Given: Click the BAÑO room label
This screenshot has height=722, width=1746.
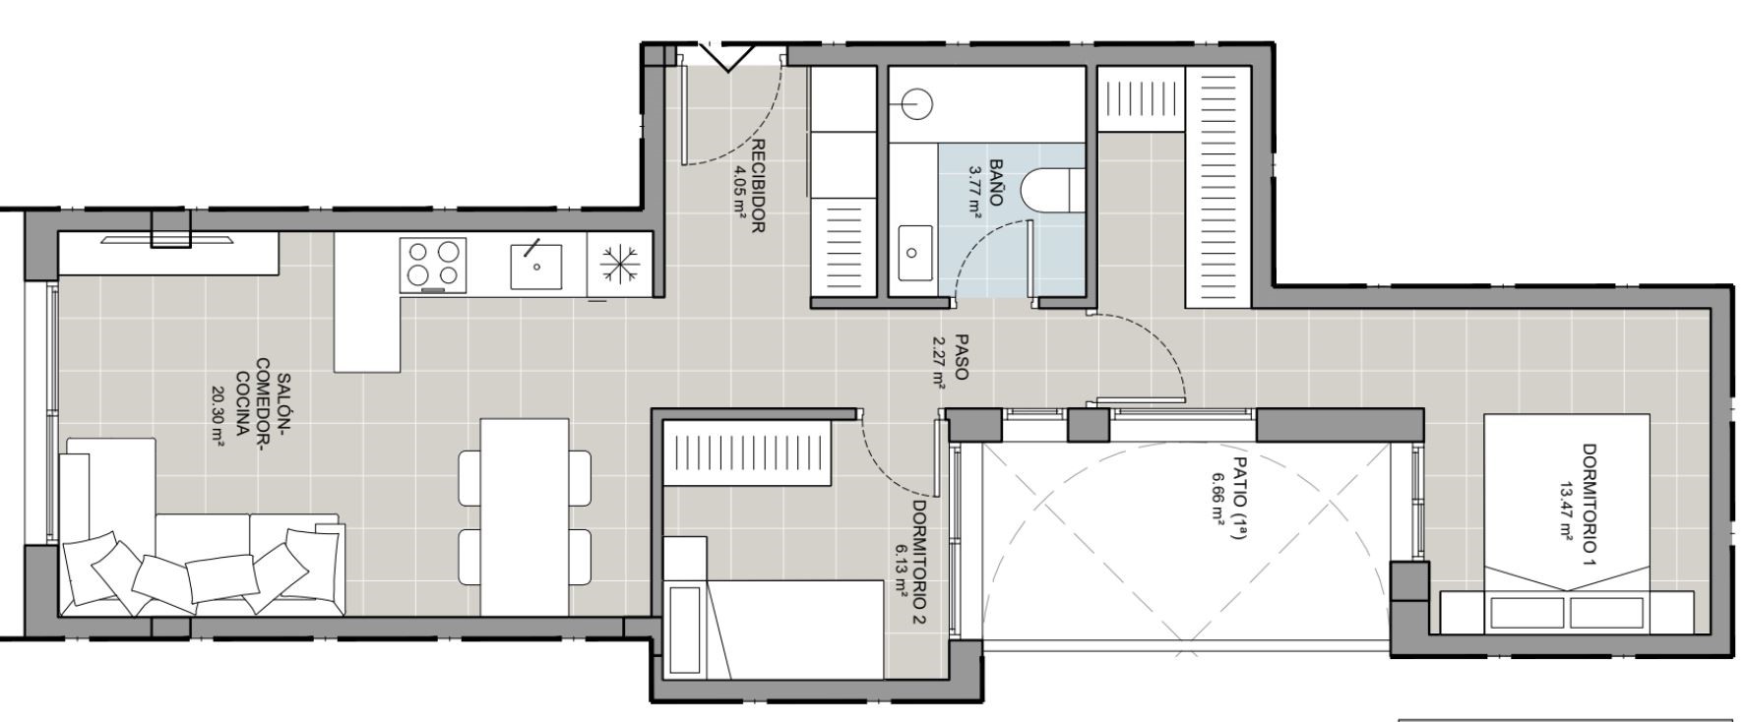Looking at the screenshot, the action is coord(996,182).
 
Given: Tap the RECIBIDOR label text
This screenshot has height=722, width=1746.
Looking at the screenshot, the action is coord(758,186).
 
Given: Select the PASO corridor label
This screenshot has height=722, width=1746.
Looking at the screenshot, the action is coord(962,358).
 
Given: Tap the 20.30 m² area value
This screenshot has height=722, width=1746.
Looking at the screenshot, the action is coord(218,415).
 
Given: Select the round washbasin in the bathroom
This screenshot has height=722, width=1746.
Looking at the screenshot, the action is coord(916,103).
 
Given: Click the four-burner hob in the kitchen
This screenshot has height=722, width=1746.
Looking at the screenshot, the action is coord(434,265).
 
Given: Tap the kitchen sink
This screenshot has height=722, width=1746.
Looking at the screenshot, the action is coord(536,265).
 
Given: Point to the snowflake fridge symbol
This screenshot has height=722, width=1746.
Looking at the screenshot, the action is coord(620,264).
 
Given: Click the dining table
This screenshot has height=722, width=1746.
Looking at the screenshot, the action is coord(524,516).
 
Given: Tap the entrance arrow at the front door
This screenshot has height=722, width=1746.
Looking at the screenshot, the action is coord(728,57).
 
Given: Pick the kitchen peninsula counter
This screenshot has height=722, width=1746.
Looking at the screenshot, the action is coord(367,302).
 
